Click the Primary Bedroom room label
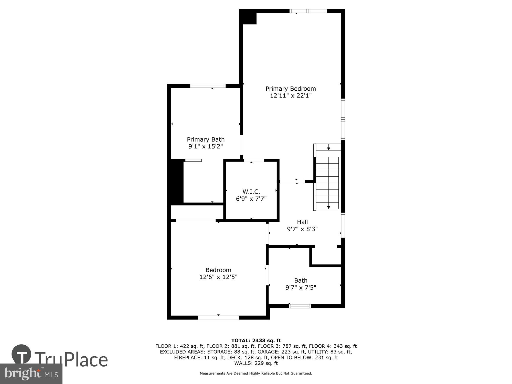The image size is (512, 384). pyautogui.click(x=291, y=89)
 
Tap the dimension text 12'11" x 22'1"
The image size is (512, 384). pyautogui.click(x=291, y=96)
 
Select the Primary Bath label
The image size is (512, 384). pyautogui.click(x=206, y=140)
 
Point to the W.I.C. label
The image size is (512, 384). pyautogui.click(x=251, y=191)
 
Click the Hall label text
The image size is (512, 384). pyautogui.click(x=302, y=222)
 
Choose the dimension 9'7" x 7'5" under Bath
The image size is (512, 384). pyautogui.click(x=301, y=287)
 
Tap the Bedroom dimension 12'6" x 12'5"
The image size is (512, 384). pyautogui.click(x=218, y=277)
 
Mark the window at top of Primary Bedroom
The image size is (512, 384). pyautogui.click(x=308, y=11)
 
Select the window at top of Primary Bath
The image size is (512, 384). pyautogui.click(x=208, y=86)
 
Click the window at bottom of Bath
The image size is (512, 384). pyautogui.click(x=300, y=306)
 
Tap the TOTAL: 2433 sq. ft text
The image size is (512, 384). pyautogui.click(x=256, y=340)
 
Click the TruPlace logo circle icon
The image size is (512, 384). pyautogui.click(x=22, y=355)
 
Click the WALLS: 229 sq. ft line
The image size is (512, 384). pyautogui.click(x=256, y=363)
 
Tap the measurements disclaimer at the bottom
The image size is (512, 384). pyautogui.click(x=256, y=374)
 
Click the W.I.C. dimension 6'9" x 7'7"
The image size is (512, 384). pyautogui.click(x=251, y=199)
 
